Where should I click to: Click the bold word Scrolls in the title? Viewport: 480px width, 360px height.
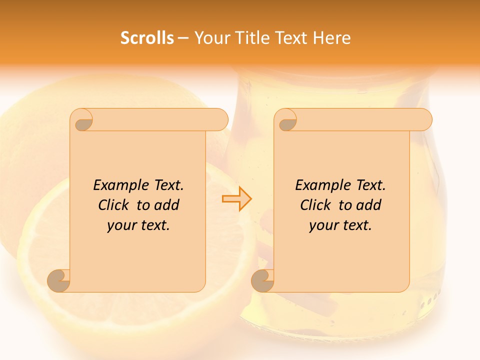(x=147, y=38)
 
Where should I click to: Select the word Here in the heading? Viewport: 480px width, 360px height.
(x=331, y=38)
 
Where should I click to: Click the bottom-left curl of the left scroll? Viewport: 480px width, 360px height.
(x=59, y=280)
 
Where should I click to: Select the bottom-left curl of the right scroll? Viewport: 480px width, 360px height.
(x=263, y=280)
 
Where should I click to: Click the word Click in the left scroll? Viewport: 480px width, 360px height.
(x=113, y=205)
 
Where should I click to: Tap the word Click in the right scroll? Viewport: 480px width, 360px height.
(x=315, y=205)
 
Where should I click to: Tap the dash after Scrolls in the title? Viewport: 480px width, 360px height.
(x=183, y=38)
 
